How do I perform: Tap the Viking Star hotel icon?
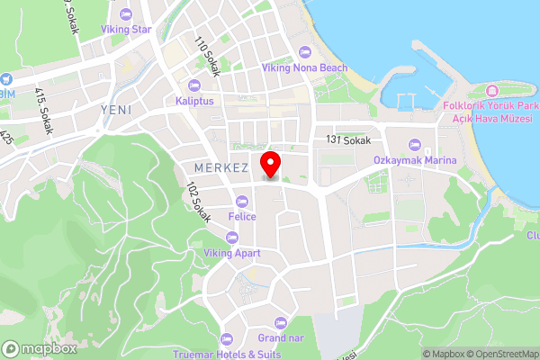[125, 14]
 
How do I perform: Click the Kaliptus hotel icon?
[194, 85]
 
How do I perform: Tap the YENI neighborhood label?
[116, 110]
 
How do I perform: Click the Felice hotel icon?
[241, 201]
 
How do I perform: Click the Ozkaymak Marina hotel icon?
[415, 145]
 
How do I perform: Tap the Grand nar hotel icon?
[279, 322]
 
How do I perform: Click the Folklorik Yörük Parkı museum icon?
[491, 92]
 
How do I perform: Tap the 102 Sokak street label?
[198, 202]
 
